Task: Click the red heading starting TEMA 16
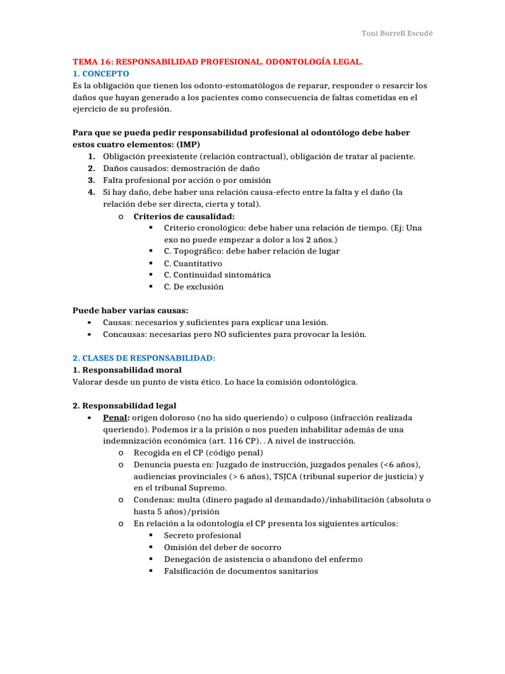[x=218, y=62]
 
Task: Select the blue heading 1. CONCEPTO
[x=101, y=74]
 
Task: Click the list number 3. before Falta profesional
[x=91, y=180]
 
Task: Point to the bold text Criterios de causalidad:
[x=184, y=216]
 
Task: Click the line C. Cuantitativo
[x=193, y=263]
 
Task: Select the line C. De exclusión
[x=193, y=287]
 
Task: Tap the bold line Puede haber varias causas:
[x=130, y=311]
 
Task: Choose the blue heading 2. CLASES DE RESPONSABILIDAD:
[x=144, y=358]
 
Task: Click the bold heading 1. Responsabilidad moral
[x=127, y=370]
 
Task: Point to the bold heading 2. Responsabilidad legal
[x=124, y=405]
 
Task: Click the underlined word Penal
[x=115, y=417]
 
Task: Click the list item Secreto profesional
[x=203, y=536]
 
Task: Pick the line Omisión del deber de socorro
[x=222, y=548]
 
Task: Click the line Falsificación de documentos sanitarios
[x=241, y=571]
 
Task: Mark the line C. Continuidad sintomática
[x=217, y=275]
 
